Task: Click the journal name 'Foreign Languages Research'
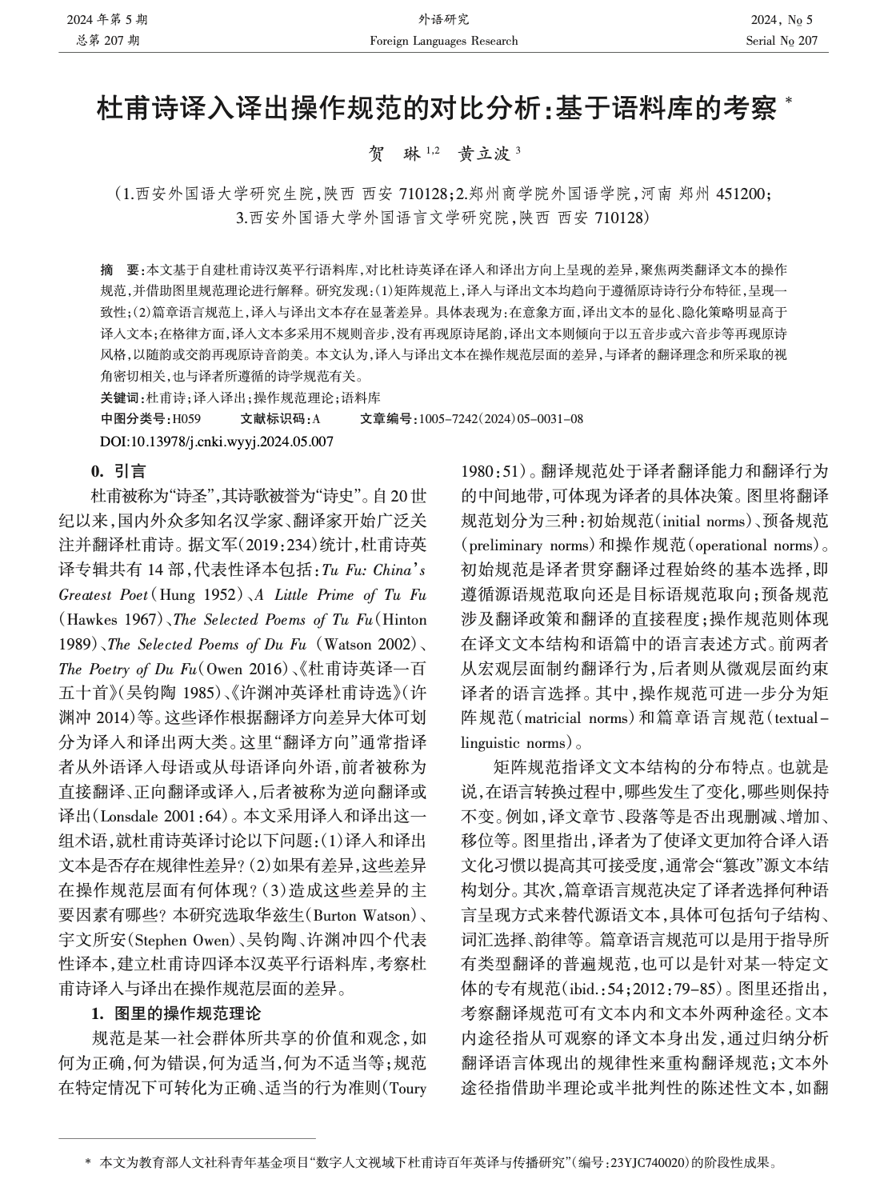(x=444, y=41)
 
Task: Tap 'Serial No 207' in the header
(x=782, y=41)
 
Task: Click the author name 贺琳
(x=398, y=154)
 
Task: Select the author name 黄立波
(x=485, y=154)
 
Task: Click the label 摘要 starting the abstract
(x=118, y=270)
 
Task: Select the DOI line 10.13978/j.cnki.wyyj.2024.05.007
(x=216, y=441)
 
